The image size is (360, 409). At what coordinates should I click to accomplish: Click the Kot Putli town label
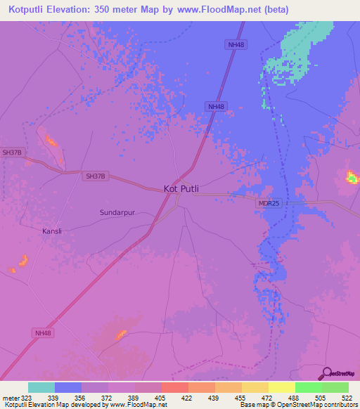tap(181, 188)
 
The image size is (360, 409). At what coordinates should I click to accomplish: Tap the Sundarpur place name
tap(118, 211)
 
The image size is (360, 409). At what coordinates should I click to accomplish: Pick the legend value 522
tap(348, 397)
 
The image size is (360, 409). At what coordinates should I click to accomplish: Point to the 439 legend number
tap(214, 397)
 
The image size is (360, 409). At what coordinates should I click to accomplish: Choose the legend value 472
tap(268, 397)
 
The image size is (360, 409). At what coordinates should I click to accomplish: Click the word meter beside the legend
tap(10, 397)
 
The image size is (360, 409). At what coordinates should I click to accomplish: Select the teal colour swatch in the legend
tap(41, 387)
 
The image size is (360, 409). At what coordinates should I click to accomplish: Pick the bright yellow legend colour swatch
tap(281, 387)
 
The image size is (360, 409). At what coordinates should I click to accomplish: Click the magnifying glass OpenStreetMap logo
tap(326, 373)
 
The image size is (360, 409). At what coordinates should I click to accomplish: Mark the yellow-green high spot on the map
tap(351, 177)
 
